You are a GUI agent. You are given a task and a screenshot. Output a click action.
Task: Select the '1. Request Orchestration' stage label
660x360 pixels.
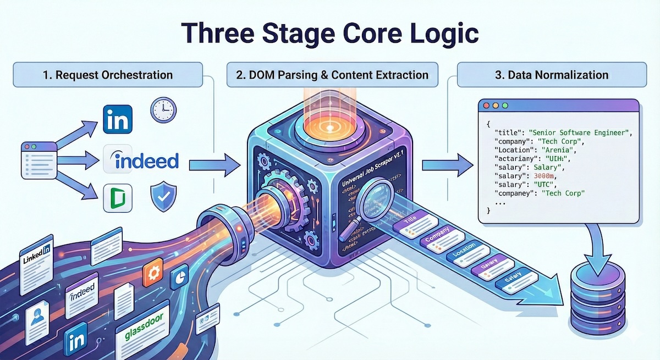coord(108,75)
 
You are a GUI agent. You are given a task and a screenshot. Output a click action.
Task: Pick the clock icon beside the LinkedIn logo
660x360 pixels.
coord(163,110)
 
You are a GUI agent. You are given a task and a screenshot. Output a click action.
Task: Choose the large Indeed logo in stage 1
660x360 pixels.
coord(141,160)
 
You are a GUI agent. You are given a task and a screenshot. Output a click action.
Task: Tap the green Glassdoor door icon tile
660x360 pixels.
coord(118,198)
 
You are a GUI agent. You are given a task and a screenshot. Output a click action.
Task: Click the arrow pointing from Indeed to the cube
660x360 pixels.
coord(212,163)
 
